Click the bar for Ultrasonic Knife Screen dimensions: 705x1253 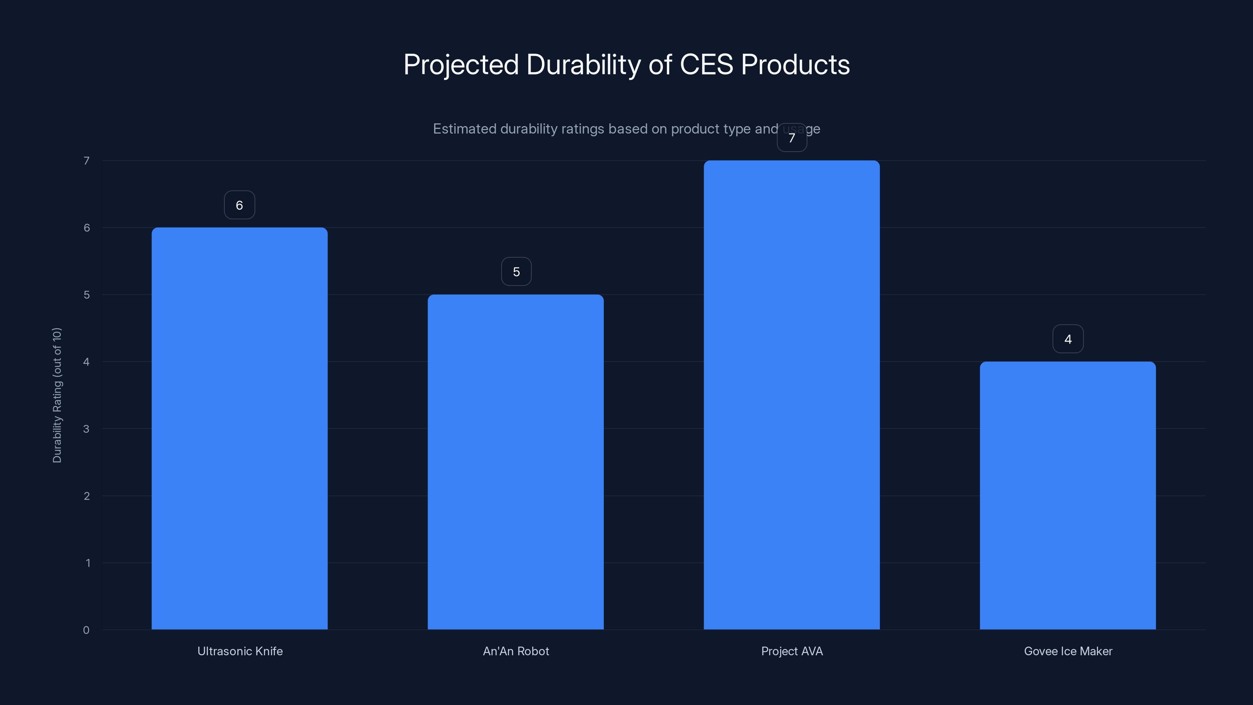click(x=239, y=428)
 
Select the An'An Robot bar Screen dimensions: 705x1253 click(x=516, y=462)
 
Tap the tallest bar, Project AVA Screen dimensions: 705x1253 click(x=791, y=394)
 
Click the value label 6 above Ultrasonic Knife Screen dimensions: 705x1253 click(x=239, y=205)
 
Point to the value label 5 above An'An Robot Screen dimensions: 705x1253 click(x=516, y=271)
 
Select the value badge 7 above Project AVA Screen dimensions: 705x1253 click(x=792, y=138)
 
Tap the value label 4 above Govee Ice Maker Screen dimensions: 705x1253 click(x=1068, y=339)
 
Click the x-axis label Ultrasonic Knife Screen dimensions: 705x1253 click(x=240, y=651)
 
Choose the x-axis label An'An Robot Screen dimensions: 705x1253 click(x=516, y=651)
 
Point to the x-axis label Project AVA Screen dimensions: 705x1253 click(x=792, y=651)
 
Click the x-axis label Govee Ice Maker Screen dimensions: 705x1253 click(x=1068, y=651)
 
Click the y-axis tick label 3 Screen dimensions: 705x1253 click(x=86, y=428)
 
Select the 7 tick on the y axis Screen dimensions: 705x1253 click(x=87, y=161)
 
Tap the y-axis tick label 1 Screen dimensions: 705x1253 click(x=88, y=563)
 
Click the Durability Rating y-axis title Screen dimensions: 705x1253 click(x=57, y=395)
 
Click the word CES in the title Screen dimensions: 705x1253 click(x=706, y=65)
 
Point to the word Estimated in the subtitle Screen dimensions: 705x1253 click(x=464, y=129)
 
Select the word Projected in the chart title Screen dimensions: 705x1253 click(x=460, y=65)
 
